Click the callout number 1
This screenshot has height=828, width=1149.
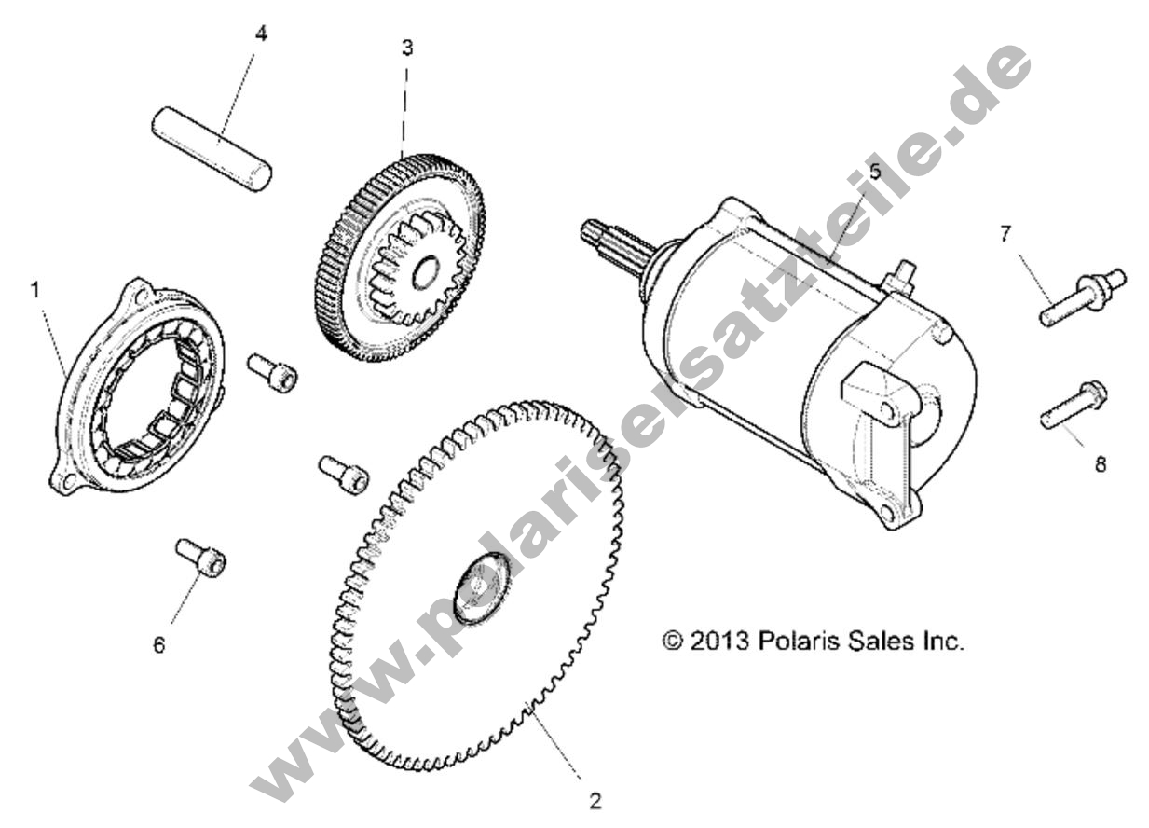(35, 291)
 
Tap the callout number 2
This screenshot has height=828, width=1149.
(595, 801)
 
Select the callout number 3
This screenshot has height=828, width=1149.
(407, 48)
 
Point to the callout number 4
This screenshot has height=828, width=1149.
(261, 34)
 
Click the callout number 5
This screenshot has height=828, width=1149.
(875, 171)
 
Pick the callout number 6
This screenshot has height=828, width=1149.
(159, 644)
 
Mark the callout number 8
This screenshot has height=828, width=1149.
(1100, 464)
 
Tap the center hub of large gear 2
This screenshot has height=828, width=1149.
(482, 588)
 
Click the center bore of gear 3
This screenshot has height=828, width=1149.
(426, 272)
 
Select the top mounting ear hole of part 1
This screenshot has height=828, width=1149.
(140, 293)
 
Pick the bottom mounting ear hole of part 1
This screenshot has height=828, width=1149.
(65, 481)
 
